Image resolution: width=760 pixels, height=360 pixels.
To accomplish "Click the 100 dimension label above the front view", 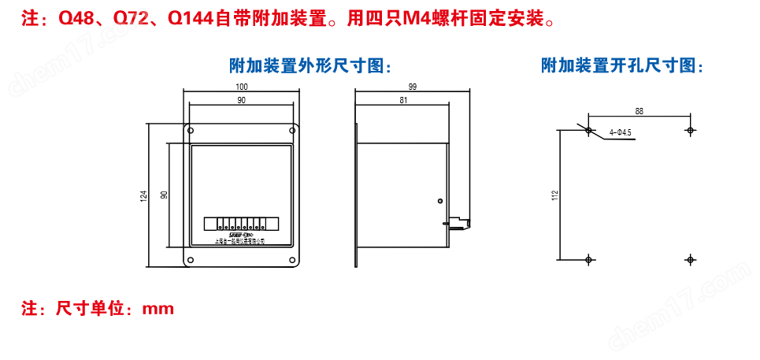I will coord(241,86).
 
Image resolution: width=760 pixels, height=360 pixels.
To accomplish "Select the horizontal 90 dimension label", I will coord(241,100).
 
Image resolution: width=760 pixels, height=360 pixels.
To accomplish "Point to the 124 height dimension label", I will coord(144,195).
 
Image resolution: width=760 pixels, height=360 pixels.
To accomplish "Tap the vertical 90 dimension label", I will coord(164,195).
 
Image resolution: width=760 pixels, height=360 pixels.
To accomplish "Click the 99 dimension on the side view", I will coord(413,86).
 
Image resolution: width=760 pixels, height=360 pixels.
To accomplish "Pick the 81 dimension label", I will coord(403,100).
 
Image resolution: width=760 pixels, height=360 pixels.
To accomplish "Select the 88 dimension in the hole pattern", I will coord(639,111).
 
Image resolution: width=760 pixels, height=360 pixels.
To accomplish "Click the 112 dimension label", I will coord(554,194).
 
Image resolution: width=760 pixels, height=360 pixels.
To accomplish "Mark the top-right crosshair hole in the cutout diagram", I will coord(690,130).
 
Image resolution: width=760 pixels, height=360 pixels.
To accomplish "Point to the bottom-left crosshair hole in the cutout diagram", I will coord(588,258).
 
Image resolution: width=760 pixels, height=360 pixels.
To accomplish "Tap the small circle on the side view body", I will coord(439,200).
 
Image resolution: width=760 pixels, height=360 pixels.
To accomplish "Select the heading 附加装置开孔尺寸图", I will coord(622,66).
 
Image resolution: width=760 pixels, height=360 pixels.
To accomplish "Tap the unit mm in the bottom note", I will coord(158,308).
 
